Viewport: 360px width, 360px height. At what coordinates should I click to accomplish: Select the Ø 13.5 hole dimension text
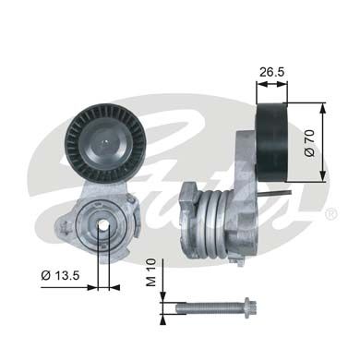(61, 274)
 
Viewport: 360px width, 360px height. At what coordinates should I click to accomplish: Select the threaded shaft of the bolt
(203, 306)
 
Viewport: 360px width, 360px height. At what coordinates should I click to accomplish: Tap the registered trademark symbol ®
(330, 213)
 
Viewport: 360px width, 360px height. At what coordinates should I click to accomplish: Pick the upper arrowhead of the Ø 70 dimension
(322, 107)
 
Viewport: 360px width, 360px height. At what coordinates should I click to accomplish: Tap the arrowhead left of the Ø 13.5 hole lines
(90, 287)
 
